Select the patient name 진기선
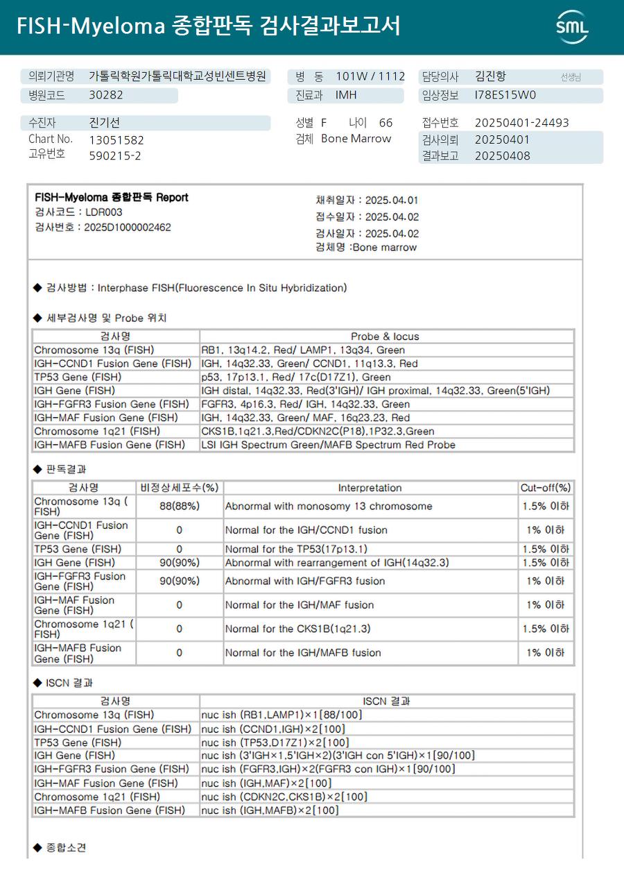click(x=105, y=123)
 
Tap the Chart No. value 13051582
click(x=116, y=139)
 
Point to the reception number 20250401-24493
click(x=521, y=123)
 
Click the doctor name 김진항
click(x=491, y=76)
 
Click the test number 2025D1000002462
click(x=128, y=227)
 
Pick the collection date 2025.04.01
click(x=392, y=201)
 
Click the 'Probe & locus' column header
click(x=385, y=337)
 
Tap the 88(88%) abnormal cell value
click(x=180, y=507)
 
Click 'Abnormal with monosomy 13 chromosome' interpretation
click(x=329, y=507)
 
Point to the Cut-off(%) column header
click(x=546, y=488)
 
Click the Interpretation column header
click(x=370, y=488)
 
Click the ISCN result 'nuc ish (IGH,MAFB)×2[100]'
click(x=270, y=811)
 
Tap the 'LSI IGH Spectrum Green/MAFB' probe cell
click(x=328, y=445)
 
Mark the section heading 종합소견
click(x=66, y=848)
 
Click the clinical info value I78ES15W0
click(x=505, y=96)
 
